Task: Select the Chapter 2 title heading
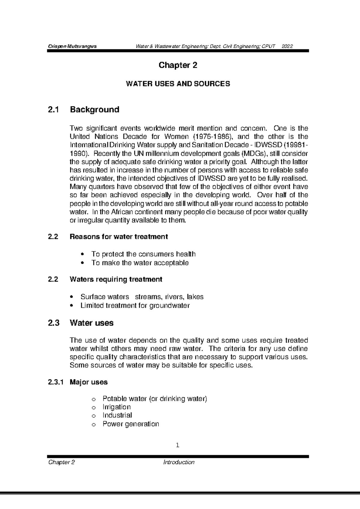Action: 178,65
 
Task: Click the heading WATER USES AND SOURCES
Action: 178,84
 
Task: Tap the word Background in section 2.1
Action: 94,109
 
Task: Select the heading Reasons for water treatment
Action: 118,237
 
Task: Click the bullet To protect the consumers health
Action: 143,254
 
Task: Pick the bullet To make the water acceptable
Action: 140,263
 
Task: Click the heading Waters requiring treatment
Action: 116,279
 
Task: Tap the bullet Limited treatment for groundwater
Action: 135,305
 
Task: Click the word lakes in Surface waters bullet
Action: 195,297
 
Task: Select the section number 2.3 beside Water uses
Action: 54,323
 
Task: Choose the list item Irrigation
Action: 116,407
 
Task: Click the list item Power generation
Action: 130,424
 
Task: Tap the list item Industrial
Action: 117,415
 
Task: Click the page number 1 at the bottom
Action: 178,445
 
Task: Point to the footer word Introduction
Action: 179,462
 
